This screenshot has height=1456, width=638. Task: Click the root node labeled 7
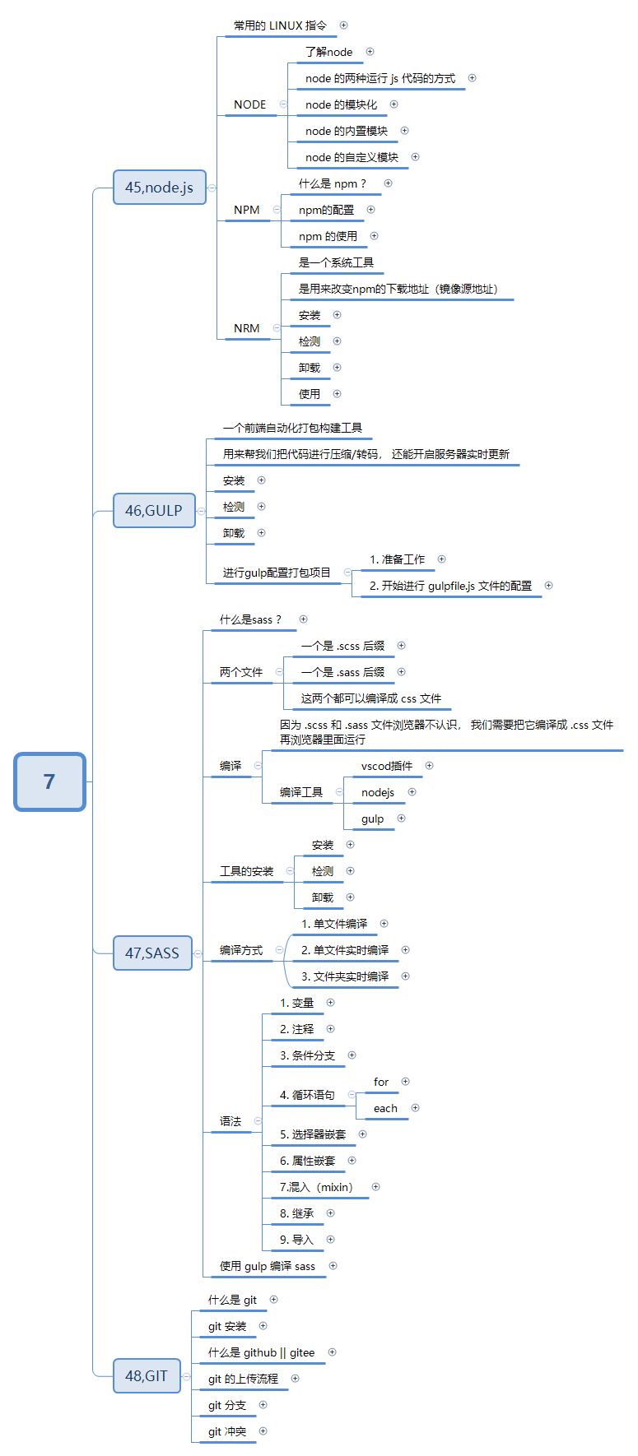[x=49, y=781]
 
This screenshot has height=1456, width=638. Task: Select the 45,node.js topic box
[x=159, y=188]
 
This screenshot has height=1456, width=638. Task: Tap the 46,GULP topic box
[x=154, y=511]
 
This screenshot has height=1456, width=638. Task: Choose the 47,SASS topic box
[x=152, y=953]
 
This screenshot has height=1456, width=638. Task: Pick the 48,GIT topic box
[x=147, y=1375]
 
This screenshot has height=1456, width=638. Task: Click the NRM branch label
[x=247, y=328]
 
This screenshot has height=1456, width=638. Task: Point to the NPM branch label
[x=247, y=210]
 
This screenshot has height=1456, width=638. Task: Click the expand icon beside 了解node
[x=370, y=52]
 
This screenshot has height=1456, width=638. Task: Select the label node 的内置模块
[x=346, y=131]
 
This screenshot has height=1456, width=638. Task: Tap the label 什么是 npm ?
[x=333, y=183]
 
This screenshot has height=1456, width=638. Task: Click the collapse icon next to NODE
[x=283, y=104]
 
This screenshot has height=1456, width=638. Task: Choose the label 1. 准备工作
[x=397, y=559]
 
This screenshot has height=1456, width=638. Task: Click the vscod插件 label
[x=387, y=766]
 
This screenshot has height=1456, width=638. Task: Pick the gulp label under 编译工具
[x=372, y=818]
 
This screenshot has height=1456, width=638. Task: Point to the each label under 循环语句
[x=385, y=1108]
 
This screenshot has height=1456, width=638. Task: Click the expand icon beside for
[x=405, y=1082]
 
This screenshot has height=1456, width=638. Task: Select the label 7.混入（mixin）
[x=316, y=1187]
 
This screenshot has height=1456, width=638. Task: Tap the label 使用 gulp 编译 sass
[x=268, y=1266]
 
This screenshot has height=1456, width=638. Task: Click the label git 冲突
[x=227, y=1431]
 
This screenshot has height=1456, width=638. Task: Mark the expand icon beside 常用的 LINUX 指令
[x=343, y=26]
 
